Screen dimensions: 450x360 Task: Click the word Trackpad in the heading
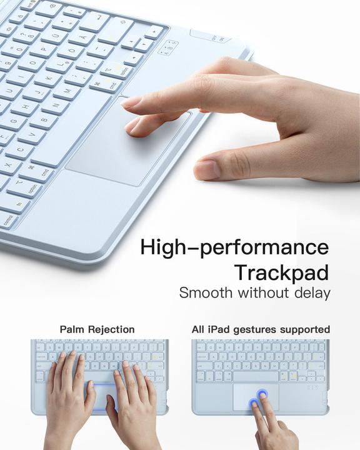[x=282, y=272]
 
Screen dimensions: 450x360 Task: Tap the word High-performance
[x=234, y=247]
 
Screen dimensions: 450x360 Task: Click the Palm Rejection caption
[x=97, y=329]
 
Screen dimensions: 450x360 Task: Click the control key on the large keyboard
[x=8, y=219]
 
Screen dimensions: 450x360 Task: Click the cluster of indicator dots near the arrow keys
[x=167, y=47]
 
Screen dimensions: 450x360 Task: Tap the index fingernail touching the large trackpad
[x=132, y=101]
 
